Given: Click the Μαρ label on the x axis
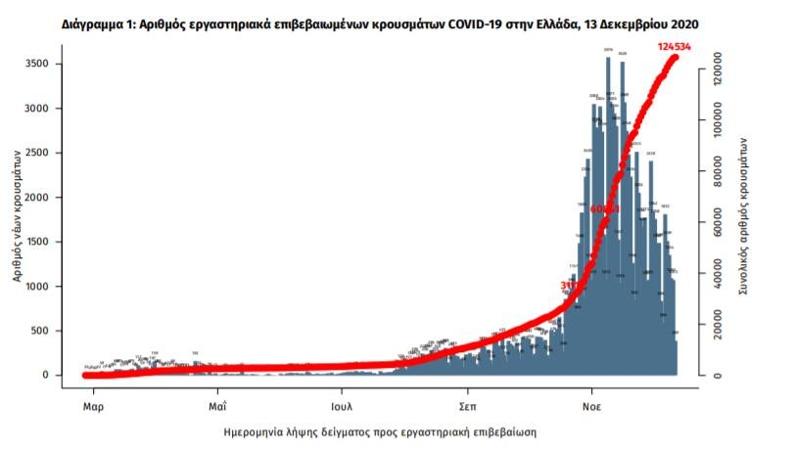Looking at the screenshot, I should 93,403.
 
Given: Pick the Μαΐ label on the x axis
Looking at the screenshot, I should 217,403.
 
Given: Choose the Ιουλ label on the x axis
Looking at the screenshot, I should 342,403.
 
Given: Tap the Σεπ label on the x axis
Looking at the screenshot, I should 468,403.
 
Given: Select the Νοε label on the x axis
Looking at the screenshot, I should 591,403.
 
